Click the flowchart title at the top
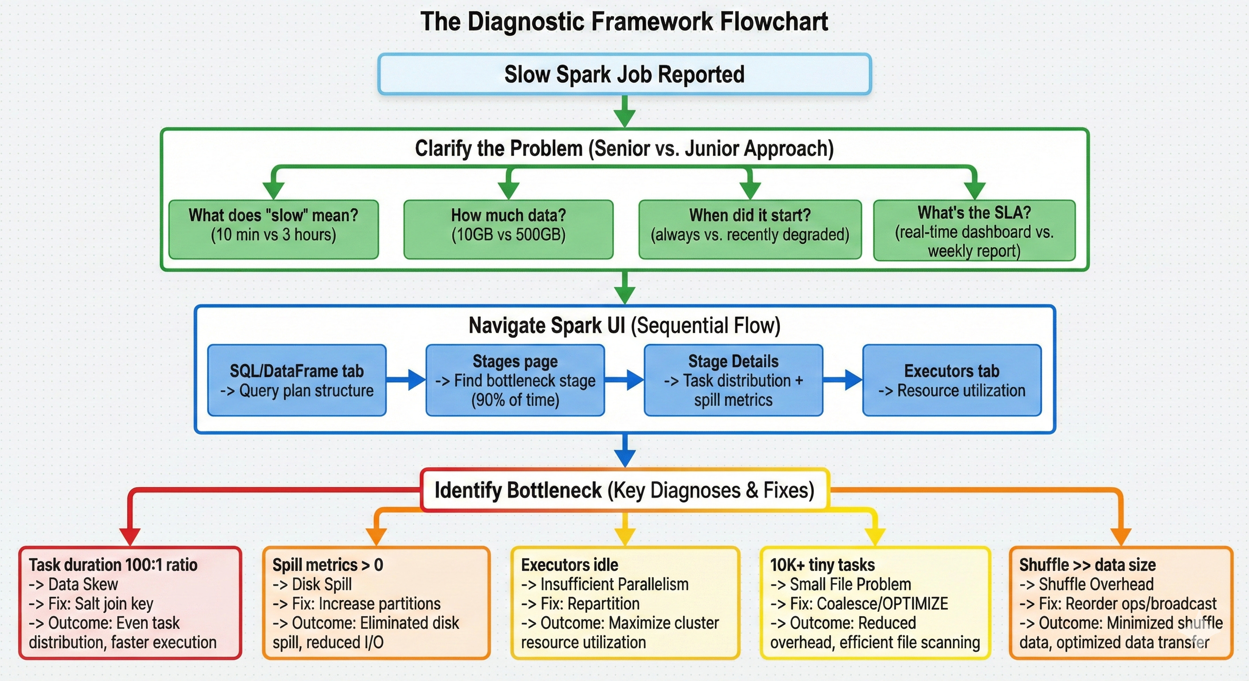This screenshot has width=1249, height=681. click(624, 22)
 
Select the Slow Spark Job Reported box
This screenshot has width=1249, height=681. click(624, 74)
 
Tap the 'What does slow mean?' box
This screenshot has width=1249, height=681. click(274, 229)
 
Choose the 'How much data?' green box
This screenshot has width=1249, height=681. click(508, 229)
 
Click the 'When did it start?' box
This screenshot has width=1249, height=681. click(750, 229)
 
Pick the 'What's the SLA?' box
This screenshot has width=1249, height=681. click(974, 231)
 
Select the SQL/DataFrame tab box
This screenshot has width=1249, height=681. click(297, 380)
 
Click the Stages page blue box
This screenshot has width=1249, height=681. click(515, 380)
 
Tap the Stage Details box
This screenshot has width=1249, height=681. click(733, 380)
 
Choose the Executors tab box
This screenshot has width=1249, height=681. click(952, 380)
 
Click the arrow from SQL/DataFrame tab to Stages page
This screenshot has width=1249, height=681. click(406, 380)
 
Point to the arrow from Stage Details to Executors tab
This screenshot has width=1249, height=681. click(843, 380)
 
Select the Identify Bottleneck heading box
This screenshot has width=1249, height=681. click(624, 490)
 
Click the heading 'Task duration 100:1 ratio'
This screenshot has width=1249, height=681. click(113, 565)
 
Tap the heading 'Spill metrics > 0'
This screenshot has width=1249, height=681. click(328, 565)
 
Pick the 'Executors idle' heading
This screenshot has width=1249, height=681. click(570, 565)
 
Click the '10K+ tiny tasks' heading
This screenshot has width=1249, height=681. click(822, 565)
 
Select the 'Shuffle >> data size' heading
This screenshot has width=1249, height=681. click(1088, 565)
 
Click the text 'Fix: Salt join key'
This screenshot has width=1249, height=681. click(100, 603)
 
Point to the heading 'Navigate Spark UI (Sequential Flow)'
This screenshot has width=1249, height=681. click(624, 325)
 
